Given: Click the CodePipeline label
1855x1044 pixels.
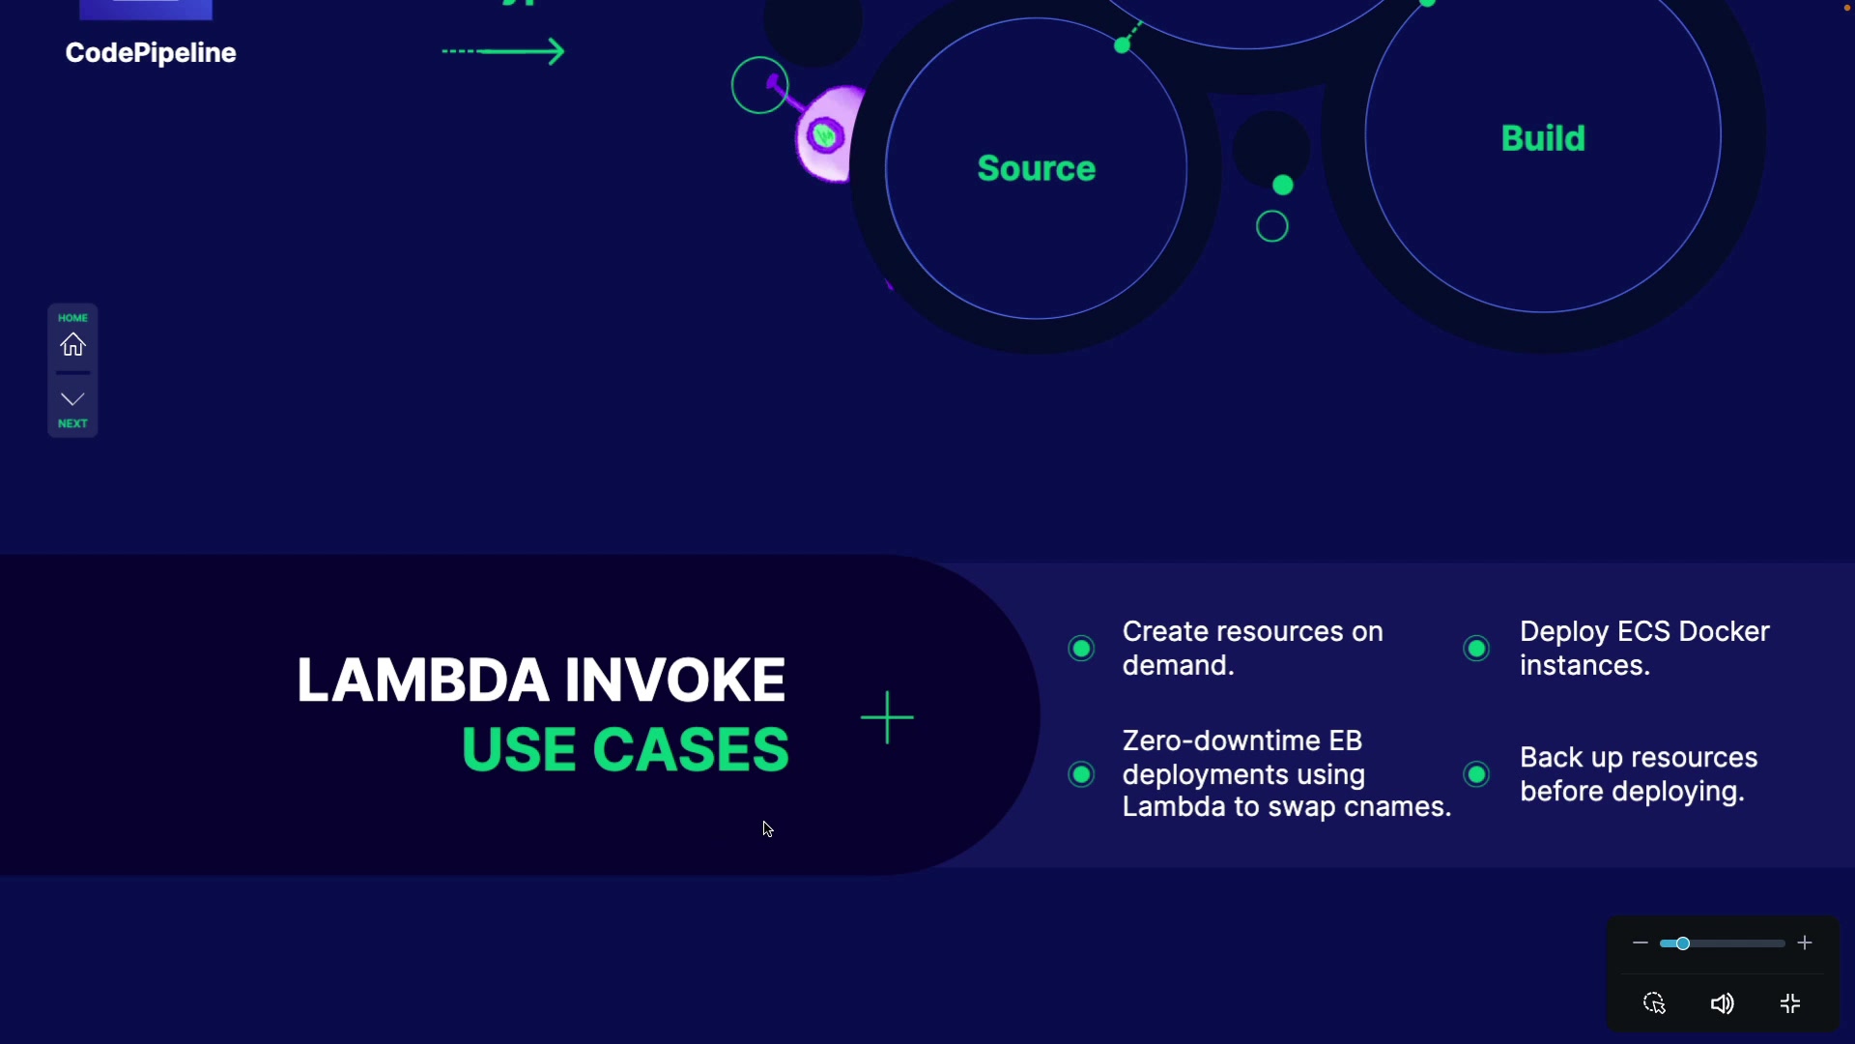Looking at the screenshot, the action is (151, 53).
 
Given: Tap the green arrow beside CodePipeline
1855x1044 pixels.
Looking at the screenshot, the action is (504, 51).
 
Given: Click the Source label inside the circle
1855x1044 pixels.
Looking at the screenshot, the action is (1036, 169).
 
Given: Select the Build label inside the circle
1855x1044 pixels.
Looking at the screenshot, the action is (1543, 138).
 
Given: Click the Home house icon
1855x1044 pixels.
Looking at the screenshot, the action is (72, 344).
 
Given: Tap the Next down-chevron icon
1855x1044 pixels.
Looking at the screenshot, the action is (72, 398).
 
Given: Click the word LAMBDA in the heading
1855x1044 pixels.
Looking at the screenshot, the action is (423, 680).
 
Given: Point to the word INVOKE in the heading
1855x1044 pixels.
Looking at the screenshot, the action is (675, 680).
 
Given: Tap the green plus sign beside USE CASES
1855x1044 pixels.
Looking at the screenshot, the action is (887, 717).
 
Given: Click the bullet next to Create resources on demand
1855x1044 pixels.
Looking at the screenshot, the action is (1081, 649).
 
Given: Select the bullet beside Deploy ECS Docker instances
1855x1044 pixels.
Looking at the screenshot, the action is (1476, 649).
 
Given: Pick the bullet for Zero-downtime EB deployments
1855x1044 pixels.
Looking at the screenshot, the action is (1081, 774).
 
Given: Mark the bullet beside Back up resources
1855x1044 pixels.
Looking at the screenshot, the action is (1476, 774).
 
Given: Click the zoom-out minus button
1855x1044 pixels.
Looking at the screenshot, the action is (1640, 942).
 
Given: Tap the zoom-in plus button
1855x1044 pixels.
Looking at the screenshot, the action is (1805, 942).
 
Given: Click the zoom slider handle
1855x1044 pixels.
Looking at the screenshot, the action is (1682, 943).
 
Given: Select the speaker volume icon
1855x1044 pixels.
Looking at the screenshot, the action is (1722, 1004).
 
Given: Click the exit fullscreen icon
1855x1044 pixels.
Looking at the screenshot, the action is (1790, 1004).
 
